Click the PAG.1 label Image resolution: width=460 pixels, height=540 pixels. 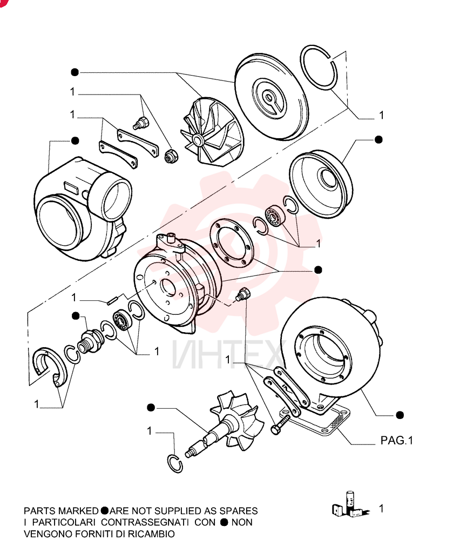click(x=396, y=440)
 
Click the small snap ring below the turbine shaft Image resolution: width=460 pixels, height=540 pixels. click(x=174, y=463)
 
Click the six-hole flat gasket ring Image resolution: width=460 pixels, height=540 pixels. click(x=232, y=244)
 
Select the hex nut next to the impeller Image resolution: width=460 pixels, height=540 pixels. click(x=171, y=157)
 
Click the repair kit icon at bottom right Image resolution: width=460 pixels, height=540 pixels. click(x=350, y=505)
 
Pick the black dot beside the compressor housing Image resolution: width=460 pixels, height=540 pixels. click(x=75, y=140)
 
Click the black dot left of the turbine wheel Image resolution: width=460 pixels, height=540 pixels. click(x=151, y=408)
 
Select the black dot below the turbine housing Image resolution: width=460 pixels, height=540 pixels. click(x=400, y=415)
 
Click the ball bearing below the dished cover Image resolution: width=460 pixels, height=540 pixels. click(x=274, y=215)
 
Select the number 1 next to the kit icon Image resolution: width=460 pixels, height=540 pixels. click(x=381, y=508)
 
